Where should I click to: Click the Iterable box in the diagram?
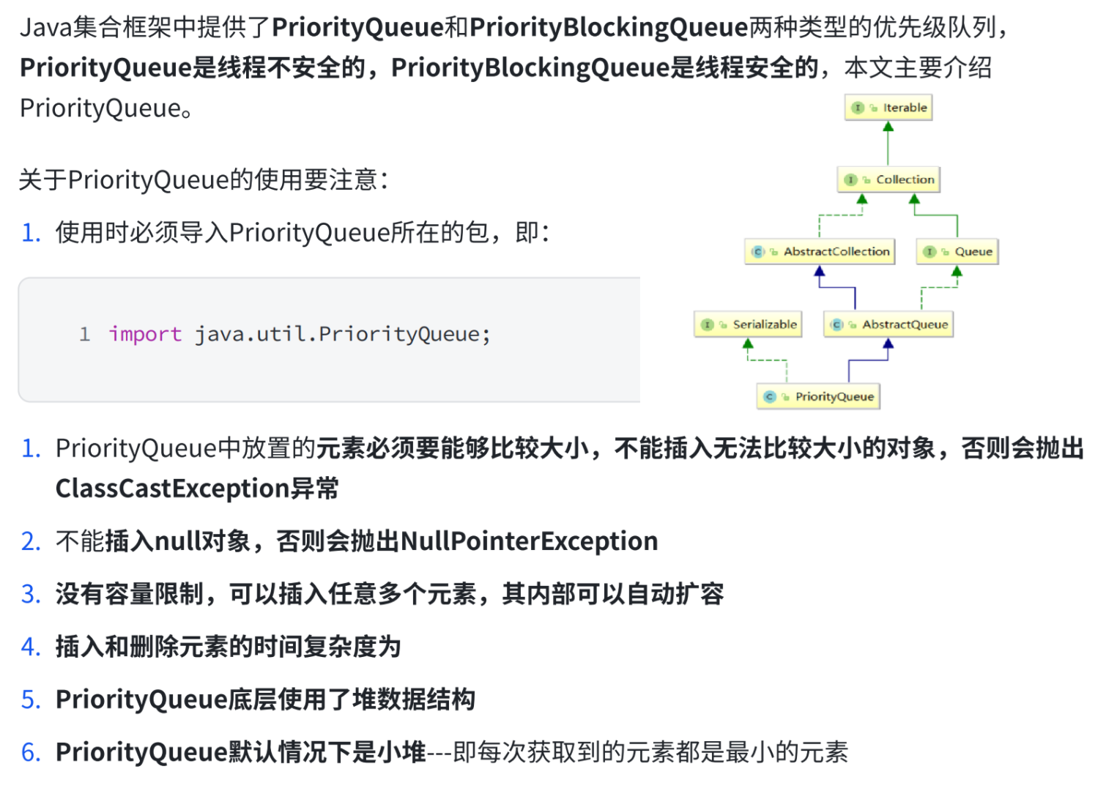coord(888,108)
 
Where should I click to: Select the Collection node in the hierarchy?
coord(888,179)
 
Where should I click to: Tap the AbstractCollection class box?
coord(820,251)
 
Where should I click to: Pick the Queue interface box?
coord(957,251)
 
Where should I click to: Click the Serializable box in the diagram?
coord(748,324)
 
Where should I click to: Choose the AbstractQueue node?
coord(888,324)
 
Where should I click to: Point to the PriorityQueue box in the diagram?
coord(818,396)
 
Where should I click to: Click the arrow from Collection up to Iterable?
coord(888,144)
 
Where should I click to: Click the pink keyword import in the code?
coord(145,334)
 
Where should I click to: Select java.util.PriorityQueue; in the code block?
coord(342,334)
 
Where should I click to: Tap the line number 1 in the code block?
coord(85,334)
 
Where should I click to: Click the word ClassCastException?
coord(172,488)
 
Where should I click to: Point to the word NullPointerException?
coord(529,541)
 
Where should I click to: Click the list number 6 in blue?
coord(30,752)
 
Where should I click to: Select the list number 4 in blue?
coord(30,647)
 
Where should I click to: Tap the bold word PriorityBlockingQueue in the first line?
coord(608,27)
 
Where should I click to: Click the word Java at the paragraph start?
coord(46,27)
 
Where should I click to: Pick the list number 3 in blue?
coord(30,594)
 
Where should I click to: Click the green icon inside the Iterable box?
coord(858,108)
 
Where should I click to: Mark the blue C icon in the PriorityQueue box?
coord(769,396)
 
